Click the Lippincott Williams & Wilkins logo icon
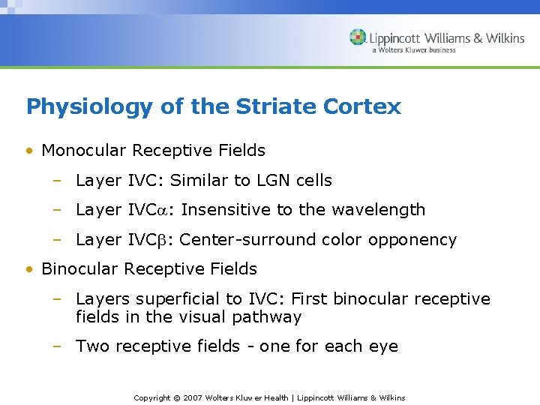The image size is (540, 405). click(358, 37)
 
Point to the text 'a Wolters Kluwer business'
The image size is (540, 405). click(413, 51)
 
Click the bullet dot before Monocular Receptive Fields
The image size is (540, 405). click(29, 151)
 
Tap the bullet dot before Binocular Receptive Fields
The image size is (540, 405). click(29, 269)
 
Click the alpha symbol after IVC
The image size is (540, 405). click(169, 211)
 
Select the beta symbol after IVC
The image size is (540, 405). click(169, 241)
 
